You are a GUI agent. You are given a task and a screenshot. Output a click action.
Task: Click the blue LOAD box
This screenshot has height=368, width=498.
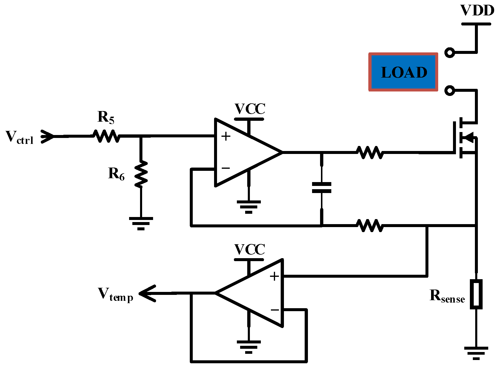[403, 72]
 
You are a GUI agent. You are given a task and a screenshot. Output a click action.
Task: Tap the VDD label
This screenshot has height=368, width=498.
[477, 11]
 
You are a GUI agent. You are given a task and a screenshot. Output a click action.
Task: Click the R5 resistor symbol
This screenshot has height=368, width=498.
[106, 136]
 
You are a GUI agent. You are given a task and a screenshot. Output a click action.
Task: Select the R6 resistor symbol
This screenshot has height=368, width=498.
[141, 174]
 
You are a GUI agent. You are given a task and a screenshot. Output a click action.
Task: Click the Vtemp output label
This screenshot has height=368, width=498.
[115, 295]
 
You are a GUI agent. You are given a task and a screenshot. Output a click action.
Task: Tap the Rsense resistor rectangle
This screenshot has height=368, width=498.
[476, 294]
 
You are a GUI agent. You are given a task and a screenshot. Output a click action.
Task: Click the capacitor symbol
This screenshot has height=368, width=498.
[322, 188]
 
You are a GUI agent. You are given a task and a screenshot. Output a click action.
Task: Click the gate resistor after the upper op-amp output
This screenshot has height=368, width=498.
[370, 152]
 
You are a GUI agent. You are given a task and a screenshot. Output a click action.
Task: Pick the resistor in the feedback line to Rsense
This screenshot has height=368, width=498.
[370, 226]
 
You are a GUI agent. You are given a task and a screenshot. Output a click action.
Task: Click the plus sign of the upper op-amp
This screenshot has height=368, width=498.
[226, 136]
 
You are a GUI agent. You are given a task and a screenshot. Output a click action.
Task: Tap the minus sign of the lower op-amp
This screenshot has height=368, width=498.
[274, 310]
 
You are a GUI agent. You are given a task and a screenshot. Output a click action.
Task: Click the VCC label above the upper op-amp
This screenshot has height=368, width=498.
[250, 109]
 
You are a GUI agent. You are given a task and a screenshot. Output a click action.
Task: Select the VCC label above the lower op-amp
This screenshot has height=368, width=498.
[250, 249]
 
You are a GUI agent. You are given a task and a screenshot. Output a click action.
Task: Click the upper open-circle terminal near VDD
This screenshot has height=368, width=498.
[450, 53]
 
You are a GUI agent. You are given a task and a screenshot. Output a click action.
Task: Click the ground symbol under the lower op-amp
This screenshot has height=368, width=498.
[249, 347]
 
